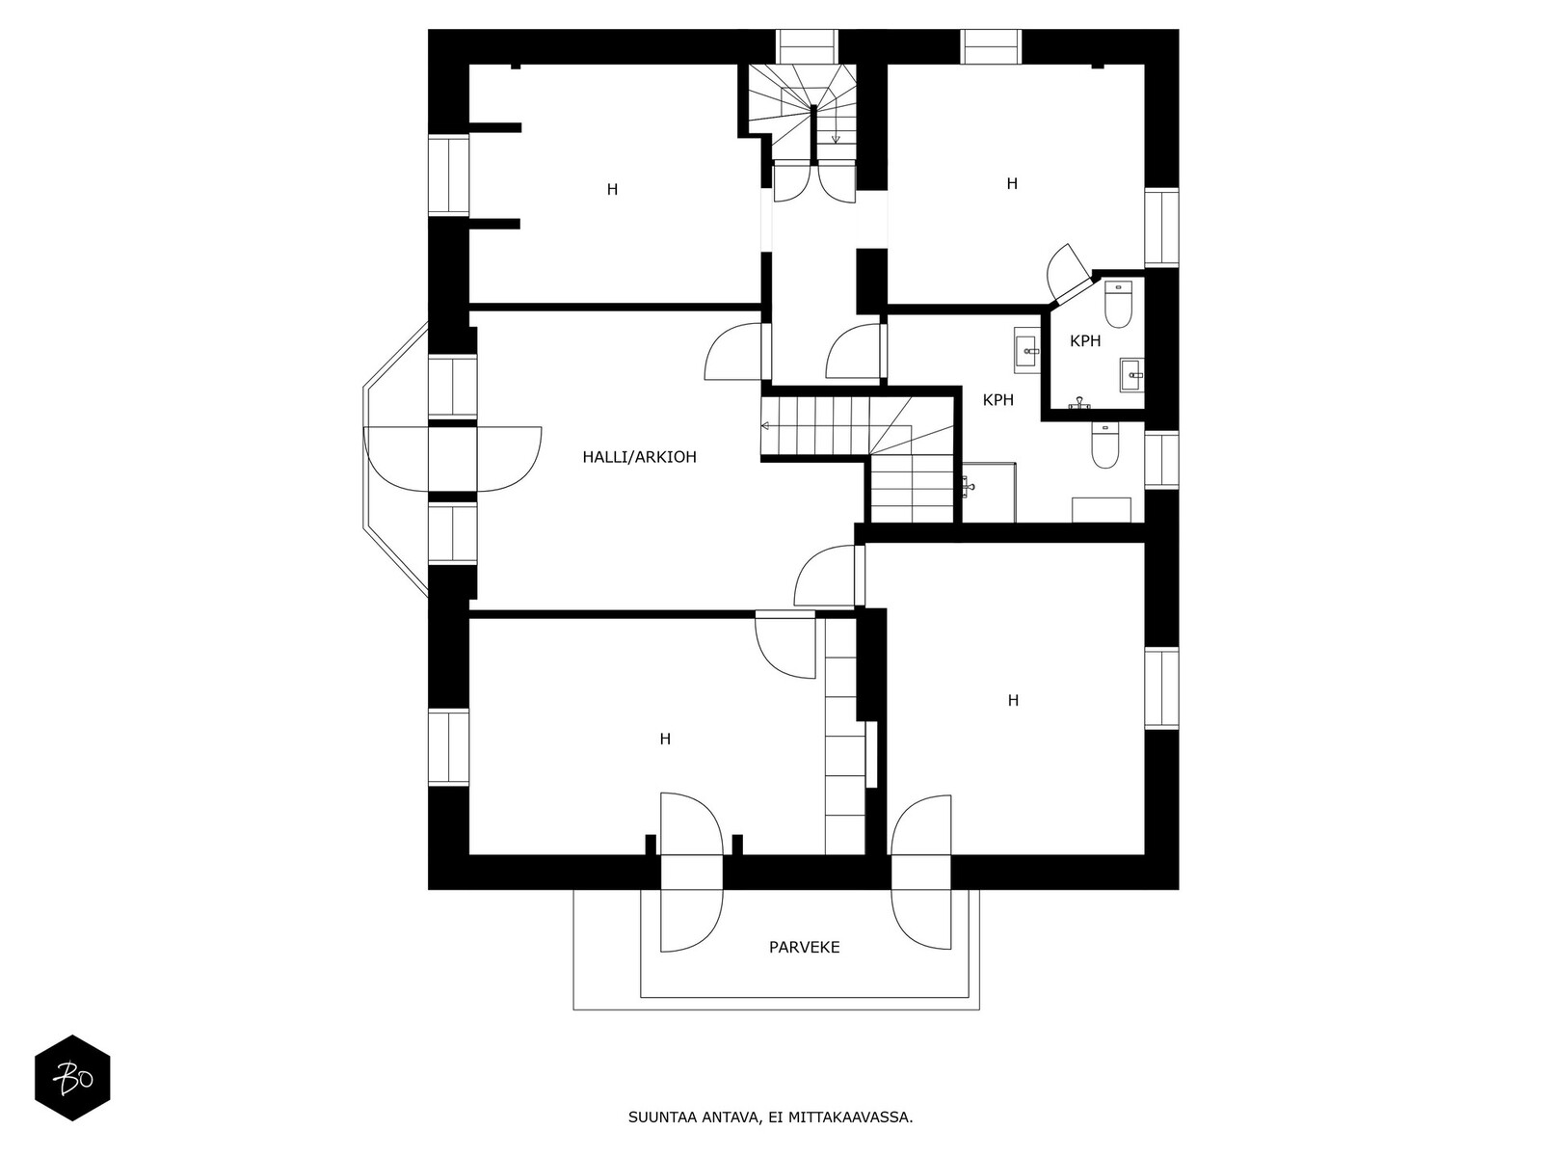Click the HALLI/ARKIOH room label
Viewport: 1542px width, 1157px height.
639,457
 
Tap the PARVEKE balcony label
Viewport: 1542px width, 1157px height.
805,947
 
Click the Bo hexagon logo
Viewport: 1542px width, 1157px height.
72,1078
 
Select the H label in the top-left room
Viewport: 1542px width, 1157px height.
613,190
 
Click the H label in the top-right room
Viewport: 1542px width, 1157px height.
1012,183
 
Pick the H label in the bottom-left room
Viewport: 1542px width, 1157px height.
665,739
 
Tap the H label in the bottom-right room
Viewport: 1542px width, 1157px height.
1013,700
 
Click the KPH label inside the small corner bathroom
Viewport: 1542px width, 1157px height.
1085,341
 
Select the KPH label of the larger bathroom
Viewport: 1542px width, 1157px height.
998,400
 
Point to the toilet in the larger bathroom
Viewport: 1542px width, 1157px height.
1105,445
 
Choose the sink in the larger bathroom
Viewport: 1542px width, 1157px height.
1027,349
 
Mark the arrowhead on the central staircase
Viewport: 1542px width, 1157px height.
764,426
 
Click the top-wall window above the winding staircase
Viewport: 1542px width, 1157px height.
808,46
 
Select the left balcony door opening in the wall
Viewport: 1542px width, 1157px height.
691,873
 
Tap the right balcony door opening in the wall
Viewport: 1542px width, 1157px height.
921,873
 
